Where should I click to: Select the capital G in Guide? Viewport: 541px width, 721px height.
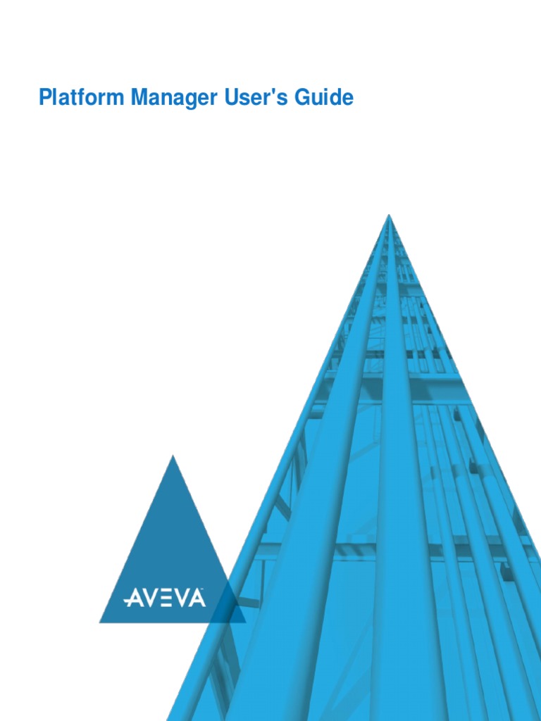pyautogui.click(x=303, y=98)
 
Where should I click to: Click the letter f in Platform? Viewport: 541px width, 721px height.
pyautogui.click(x=75, y=98)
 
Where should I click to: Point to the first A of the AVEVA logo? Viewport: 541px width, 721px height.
pyautogui.click(x=132, y=598)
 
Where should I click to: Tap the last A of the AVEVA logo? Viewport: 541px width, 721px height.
pyautogui.click(x=196, y=598)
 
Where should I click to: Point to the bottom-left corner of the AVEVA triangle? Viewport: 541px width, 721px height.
pyautogui.click(x=100, y=622)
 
